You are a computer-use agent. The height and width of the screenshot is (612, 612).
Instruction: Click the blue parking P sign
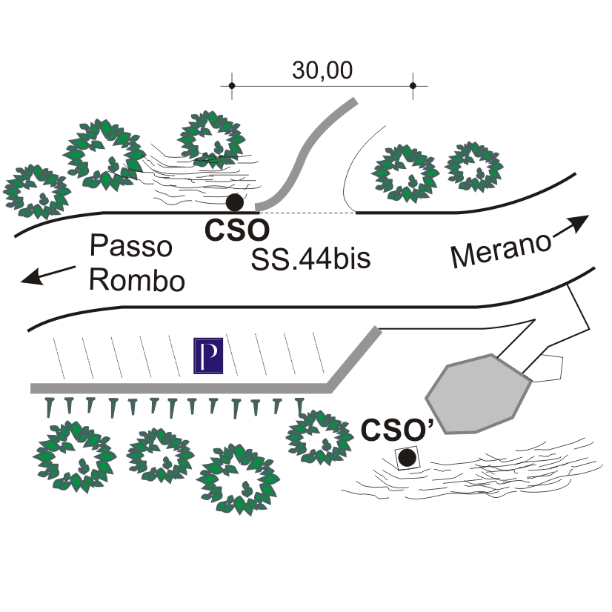[x=208, y=356]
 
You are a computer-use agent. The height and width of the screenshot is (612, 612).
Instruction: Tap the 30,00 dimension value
[x=322, y=70]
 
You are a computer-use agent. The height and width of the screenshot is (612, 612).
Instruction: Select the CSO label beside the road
[x=237, y=230]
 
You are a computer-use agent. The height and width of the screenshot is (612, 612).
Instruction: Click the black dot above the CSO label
[x=235, y=202]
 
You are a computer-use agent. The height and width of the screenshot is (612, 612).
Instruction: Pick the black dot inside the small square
[x=407, y=457]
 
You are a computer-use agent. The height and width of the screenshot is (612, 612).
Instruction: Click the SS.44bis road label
[x=310, y=259]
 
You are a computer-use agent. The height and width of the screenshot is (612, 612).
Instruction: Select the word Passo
[x=131, y=246]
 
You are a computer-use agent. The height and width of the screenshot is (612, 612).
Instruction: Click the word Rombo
[x=137, y=280]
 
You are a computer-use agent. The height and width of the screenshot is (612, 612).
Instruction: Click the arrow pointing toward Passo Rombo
[x=47, y=275]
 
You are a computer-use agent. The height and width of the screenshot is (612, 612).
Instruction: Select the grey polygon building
[x=479, y=394]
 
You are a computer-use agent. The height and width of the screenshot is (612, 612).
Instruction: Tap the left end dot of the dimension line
[x=232, y=85]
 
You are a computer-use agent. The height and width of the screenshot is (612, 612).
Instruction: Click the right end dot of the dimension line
[x=413, y=85]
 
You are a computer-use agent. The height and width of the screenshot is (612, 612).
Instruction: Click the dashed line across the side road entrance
[x=307, y=213]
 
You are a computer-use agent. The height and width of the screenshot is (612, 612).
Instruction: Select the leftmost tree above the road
[x=37, y=191]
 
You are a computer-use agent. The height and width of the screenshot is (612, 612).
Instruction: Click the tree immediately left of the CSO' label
[x=319, y=437]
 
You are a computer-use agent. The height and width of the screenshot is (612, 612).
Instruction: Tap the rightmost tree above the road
[x=474, y=167]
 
